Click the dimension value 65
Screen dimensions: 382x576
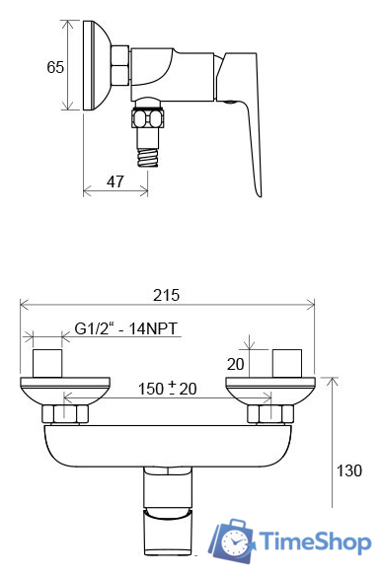[55, 67]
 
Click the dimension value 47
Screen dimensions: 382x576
[115, 181]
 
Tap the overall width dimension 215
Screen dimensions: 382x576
[166, 295]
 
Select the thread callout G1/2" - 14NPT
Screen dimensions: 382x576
[126, 328]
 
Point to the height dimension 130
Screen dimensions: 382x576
[348, 470]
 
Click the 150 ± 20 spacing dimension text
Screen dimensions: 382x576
[167, 389]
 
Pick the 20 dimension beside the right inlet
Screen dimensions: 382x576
[235, 364]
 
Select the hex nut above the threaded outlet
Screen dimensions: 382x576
[148, 119]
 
